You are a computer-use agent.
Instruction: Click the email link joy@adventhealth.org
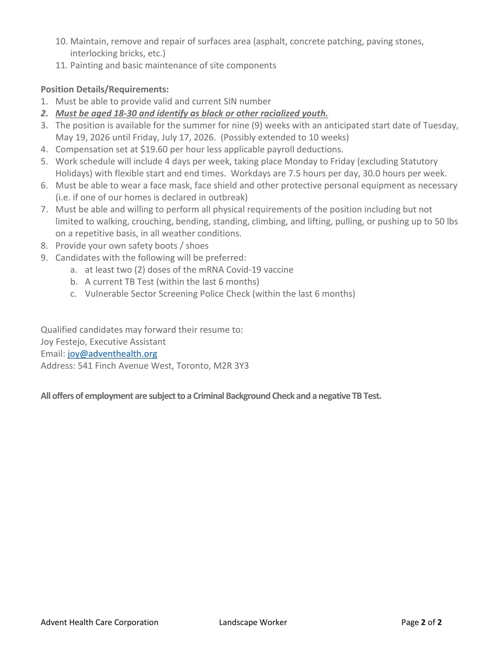(112, 354)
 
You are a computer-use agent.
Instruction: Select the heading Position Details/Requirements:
(105, 89)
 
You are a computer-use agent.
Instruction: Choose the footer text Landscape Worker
(253, 622)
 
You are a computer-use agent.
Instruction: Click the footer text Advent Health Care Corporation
(99, 622)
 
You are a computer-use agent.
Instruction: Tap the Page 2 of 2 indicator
(421, 622)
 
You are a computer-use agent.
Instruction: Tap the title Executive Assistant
(128, 342)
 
